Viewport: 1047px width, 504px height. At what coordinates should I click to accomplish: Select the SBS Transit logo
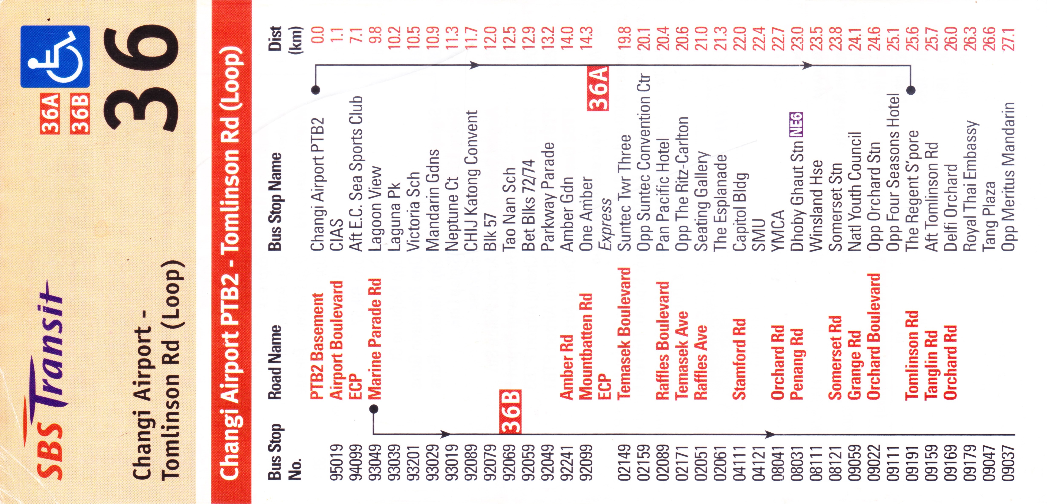point(49,378)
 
